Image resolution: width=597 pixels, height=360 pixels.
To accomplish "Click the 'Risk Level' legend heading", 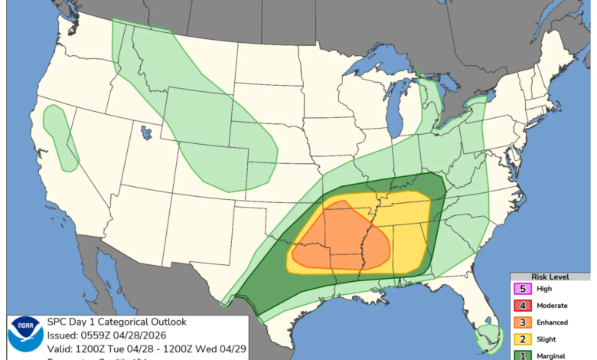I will [553, 277].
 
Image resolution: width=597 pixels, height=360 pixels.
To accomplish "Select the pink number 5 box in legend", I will [523, 290].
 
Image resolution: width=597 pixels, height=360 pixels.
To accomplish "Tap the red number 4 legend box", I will [523, 306].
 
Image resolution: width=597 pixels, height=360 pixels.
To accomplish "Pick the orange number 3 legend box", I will [523, 322].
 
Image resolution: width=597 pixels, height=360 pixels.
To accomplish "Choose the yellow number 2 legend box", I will [523, 339].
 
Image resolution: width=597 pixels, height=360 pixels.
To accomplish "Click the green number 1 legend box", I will [523, 355].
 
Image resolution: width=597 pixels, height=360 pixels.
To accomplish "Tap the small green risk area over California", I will [60, 134].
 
